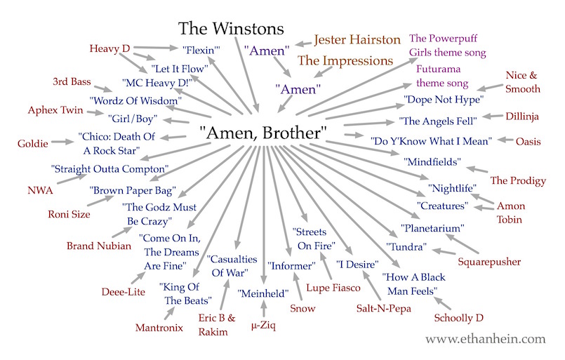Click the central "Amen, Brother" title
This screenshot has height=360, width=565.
(263, 131)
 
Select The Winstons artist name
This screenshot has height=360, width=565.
(230, 29)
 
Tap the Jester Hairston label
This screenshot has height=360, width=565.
(357, 40)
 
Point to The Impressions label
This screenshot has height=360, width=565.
(345, 61)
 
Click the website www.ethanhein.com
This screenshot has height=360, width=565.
(485, 339)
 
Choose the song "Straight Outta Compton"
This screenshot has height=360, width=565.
(109, 169)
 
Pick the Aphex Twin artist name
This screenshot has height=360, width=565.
(55, 110)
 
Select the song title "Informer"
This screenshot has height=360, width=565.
(289, 266)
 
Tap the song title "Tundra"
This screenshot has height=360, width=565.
(407, 247)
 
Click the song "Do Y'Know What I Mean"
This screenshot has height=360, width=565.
(431, 141)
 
